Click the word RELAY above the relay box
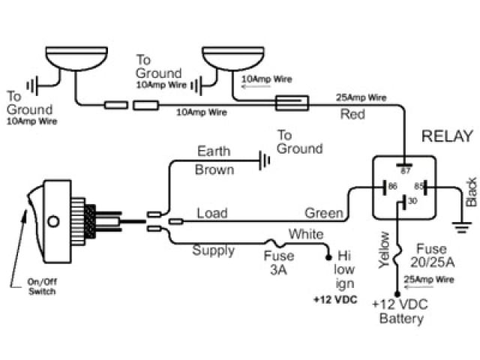(447, 136)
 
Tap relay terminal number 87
(405, 171)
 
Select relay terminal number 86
(392, 186)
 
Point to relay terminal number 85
(418, 186)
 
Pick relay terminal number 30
(412, 201)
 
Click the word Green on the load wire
(324, 213)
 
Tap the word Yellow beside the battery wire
(384, 250)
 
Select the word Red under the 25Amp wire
(352, 114)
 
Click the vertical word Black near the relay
(471, 192)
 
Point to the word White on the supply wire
(306, 234)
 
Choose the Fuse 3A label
(279, 262)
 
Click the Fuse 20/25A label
(432, 256)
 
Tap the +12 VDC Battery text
(400, 311)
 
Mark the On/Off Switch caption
(42, 286)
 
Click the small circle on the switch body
(53, 221)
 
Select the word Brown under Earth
(214, 169)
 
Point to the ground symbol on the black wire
(462, 227)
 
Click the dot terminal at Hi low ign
(328, 257)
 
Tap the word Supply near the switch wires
(213, 250)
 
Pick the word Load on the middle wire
(212, 213)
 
